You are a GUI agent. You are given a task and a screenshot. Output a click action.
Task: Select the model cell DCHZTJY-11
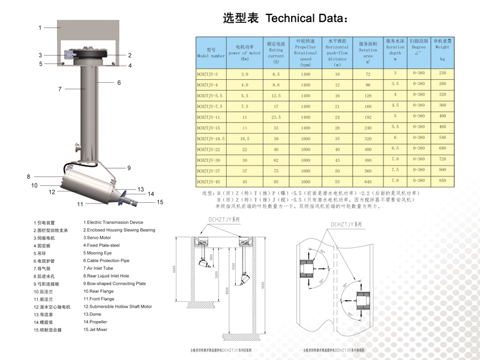pyautogui.click(x=209, y=116)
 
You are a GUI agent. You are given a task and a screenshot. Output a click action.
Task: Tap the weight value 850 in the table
pyautogui.click(x=442, y=180)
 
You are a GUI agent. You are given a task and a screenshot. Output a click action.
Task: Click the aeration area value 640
pyautogui.click(x=368, y=181)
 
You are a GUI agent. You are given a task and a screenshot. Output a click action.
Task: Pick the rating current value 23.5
pyautogui.click(x=276, y=116)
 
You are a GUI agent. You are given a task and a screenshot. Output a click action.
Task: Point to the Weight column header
pyautogui.click(x=442, y=50)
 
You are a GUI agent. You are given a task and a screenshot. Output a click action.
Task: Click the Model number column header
pyautogui.click(x=211, y=53)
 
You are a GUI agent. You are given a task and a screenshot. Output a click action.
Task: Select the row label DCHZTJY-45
pyautogui.click(x=209, y=181)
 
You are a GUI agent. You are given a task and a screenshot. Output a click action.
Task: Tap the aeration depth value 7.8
pyautogui.click(x=395, y=180)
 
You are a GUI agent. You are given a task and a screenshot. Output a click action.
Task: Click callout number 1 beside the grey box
pyautogui.click(x=40, y=28)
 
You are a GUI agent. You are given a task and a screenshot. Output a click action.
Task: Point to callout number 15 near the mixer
pyautogui.click(x=160, y=202)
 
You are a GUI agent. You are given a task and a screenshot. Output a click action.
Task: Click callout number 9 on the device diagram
pyautogui.click(x=128, y=168)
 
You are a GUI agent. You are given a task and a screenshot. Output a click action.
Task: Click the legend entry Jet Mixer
pyautogui.click(x=96, y=330)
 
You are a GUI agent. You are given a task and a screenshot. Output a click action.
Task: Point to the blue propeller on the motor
pyautogui.click(x=123, y=199)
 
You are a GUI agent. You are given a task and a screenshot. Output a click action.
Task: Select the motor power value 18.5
pyautogui.click(x=245, y=138)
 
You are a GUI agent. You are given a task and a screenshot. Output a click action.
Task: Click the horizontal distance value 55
pyautogui.click(x=337, y=181)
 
